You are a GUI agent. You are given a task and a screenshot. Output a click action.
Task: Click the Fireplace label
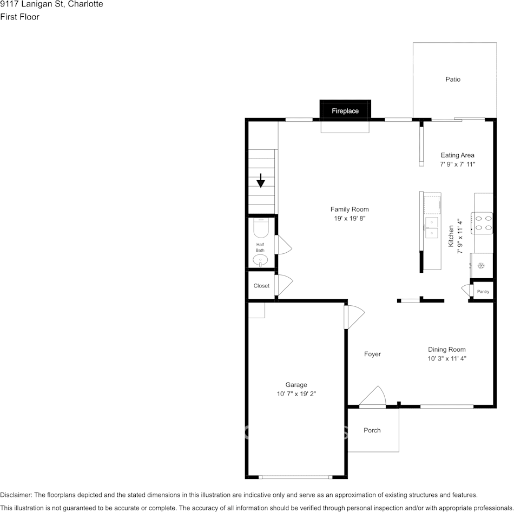pyautogui.click(x=345, y=111)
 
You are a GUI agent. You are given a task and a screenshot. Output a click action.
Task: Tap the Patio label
pyautogui.click(x=453, y=80)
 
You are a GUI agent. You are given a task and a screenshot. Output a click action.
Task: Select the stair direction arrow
pyautogui.click(x=261, y=180)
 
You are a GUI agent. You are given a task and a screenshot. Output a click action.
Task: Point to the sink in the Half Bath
pyautogui.click(x=260, y=261)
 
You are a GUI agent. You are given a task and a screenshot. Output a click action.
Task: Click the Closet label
pyautogui.click(x=261, y=286)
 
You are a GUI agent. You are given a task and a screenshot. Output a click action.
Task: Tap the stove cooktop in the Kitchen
pyautogui.click(x=482, y=223)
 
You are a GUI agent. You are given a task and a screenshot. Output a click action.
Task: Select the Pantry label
pyautogui.click(x=483, y=291)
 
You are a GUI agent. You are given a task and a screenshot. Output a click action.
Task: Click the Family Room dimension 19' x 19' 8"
pyautogui.click(x=350, y=219)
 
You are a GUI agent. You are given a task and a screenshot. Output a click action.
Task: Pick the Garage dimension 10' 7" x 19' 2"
pyautogui.click(x=296, y=394)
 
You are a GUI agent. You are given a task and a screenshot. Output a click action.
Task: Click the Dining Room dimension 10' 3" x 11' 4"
pyautogui.click(x=447, y=358)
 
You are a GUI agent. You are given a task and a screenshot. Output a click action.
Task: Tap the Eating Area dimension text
pyautogui.click(x=457, y=164)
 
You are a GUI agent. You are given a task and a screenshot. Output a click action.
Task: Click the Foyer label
pyautogui.click(x=372, y=354)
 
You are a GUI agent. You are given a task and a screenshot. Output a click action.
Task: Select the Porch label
pyautogui.click(x=372, y=430)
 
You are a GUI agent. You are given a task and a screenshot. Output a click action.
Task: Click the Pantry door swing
pyautogui.click(x=467, y=291)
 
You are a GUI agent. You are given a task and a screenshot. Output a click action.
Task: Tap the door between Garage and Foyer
pyautogui.click(x=354, y=317)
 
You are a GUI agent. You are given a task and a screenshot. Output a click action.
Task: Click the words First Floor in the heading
pyautogui.click(x=19, y=17)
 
